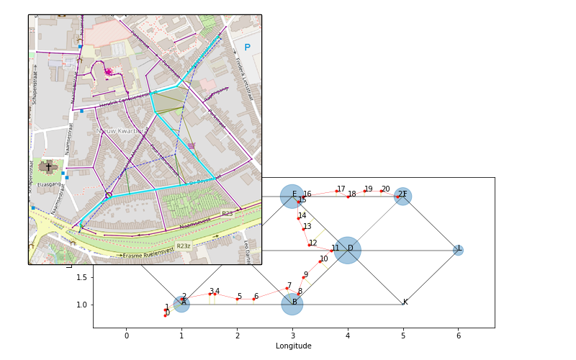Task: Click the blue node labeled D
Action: pyautogui.click(x=347, y=251)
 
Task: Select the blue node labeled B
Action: pyautogui.click(x=292, y=304)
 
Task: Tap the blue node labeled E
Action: pyautogui.click(x=292, y=196)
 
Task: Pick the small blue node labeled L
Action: pyautogui.click(x=458, y=250)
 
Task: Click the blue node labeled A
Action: pyautogui.click(x=181, y=304)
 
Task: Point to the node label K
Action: pyautogui.click(x=405, y=302)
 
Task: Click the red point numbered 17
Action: pyautogui.click(x=336, y=192)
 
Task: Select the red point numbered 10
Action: pyautogui.click(x=320, y=261)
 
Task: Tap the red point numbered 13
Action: pyautogui.click(x=303, y=229)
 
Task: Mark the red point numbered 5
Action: pyautogui.click(x=237, y=299)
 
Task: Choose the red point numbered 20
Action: pyautogui.click(x=381, y=192)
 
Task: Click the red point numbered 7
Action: pyautogui.click(x=287, y=288)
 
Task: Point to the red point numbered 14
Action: pyautogui.click(x=298, y=218)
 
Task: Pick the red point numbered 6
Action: pyautogui.click(x=253, y=299)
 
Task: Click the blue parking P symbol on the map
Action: pyautogui.click(x=247, y=48)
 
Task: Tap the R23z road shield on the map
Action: pyautogui.click(x=184, y=246)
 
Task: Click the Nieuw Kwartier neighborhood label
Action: pyautogui.click(x=122, y=131)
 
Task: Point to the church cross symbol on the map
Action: pyautogui.click(x=48, y=167)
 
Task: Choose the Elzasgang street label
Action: pyautogui.click(x=49, y=185)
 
